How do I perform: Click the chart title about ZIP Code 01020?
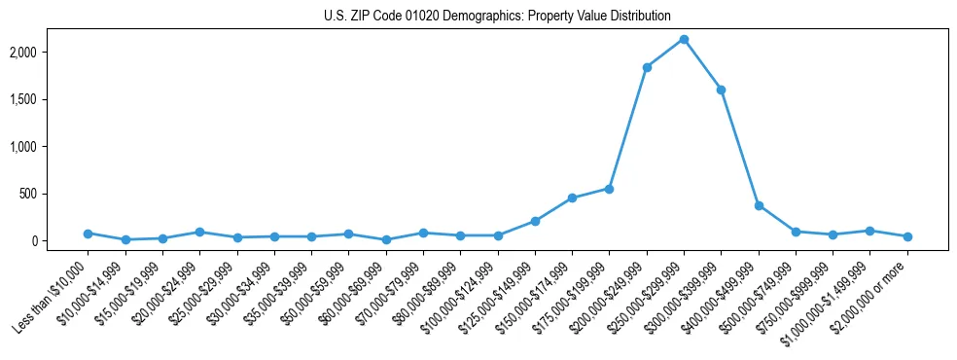pos(497,17)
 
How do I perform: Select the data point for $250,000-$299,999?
pos(684,40)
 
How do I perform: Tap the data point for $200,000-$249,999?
pos(647,67)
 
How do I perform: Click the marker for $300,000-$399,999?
pos(721,90)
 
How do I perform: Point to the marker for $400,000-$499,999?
pos(759,205)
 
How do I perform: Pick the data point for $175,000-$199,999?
pos(609,189)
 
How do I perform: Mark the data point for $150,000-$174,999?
pos(572,198)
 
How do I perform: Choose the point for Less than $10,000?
pos(88,234)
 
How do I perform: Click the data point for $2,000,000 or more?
pos(907,236)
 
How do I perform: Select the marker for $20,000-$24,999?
pos(199,233)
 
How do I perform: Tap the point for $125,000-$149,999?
pos(535,221)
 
